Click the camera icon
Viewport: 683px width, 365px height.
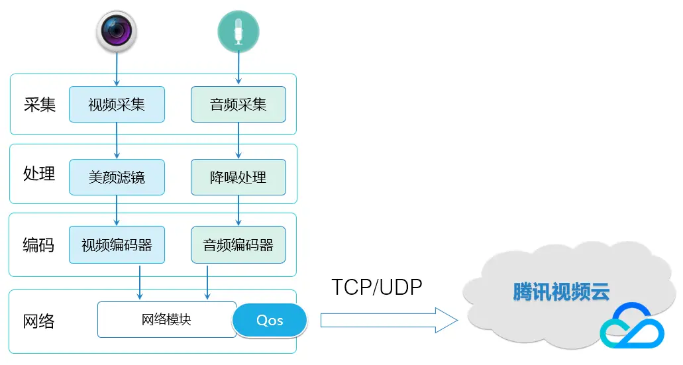coord(117,31)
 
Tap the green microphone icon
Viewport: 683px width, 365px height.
coord(238,32)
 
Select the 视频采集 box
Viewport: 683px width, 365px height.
coord(117,105)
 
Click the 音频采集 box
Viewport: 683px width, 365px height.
coord(238,105)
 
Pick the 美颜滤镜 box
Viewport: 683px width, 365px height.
coord(117,178)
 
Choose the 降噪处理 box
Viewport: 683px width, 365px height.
coord(238,178)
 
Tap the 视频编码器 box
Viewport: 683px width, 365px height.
coord(117,245)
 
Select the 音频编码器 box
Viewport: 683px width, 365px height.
coord(238,245)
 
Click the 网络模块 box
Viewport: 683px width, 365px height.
coord(167,320)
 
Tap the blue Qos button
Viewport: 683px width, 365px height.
coord(270,321)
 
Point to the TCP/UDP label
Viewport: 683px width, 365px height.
coord(377,287)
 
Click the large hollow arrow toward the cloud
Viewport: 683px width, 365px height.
coord(389,321)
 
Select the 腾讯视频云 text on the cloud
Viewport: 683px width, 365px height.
coord(561,291)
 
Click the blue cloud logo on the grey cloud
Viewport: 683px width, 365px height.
coord(632,326)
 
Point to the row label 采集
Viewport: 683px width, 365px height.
coord(40,105)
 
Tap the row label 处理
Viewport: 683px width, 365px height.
coord(39,174)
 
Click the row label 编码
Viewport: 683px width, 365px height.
coord(39,245)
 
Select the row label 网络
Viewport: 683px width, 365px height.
coord(39,321)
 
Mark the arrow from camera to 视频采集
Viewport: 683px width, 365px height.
coord(117,70)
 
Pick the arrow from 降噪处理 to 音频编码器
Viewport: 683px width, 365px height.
coord(238,211)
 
